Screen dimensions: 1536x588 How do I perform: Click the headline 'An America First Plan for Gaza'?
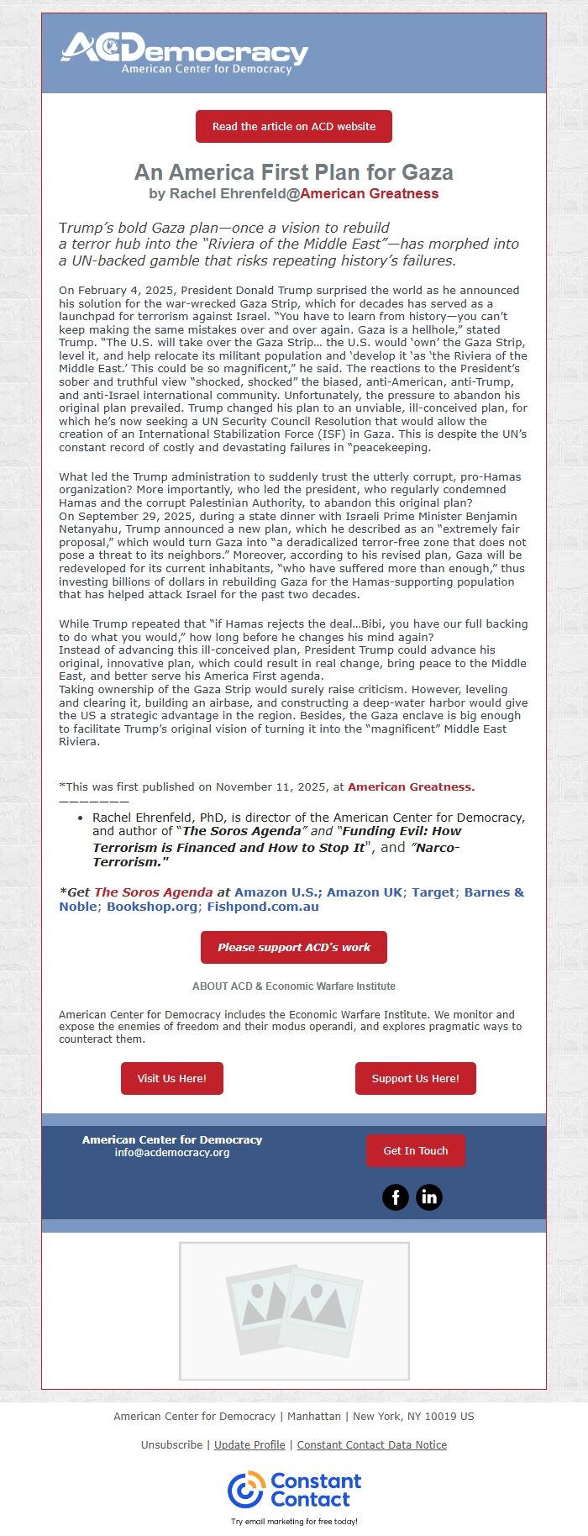[294, 172]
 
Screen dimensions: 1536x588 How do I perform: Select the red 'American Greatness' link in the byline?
[369, 194]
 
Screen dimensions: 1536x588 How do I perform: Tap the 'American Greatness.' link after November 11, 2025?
[411, 787]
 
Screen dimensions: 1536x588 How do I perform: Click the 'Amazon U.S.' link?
[277, 892]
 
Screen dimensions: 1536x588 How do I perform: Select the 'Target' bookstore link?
[433, 892]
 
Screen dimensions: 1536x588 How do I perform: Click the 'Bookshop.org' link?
[152, 907]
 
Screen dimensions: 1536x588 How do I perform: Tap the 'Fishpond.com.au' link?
[263, 907]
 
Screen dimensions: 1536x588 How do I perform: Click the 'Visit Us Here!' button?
[172, 1079]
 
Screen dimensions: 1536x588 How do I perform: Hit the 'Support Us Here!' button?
[415, 1079]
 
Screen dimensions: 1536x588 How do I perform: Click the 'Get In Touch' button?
[415, 1151]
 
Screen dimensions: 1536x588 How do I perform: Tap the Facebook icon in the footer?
[396, 1197]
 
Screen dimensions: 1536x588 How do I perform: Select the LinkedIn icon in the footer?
[428, 1197]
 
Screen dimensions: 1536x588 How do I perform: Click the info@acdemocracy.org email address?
[172, 1153]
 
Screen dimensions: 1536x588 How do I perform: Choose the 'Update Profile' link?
[249, 1445]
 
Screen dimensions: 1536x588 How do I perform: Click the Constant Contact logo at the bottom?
[294, 1490]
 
